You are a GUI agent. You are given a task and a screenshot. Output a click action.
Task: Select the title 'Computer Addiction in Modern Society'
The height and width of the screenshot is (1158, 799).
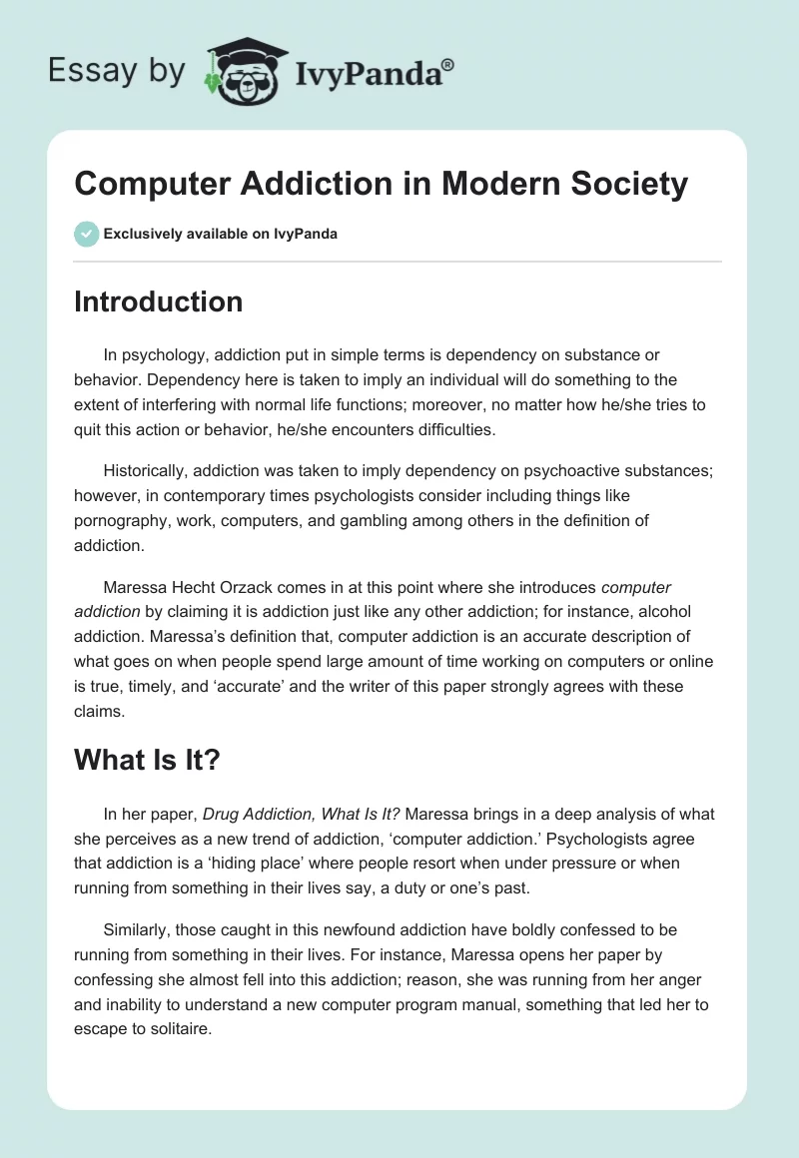coord(381,184)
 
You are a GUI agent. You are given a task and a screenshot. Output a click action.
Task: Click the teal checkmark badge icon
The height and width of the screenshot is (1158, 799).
coord(86,234)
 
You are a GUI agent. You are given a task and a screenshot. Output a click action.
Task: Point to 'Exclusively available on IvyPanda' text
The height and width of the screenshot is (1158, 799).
coord(220,234)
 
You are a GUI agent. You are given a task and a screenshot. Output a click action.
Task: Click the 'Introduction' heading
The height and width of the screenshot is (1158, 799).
coord(158,301)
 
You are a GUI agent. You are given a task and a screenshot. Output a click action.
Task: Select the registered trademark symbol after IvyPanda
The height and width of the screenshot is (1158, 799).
coord(448,64)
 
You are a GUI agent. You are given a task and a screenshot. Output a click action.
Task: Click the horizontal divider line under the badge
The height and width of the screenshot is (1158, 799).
coord(398,262)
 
